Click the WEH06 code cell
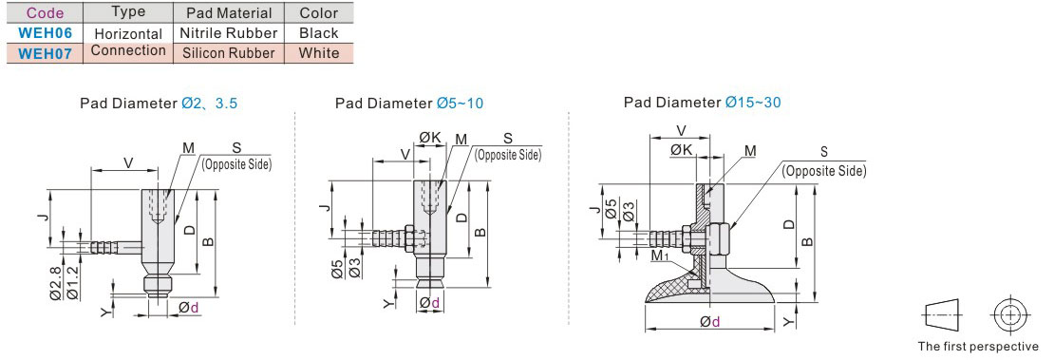pos(45,32)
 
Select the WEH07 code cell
pos(45,53)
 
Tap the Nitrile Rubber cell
pos(229,32)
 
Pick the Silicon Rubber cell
pos(229,53)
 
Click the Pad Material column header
pos(229,12)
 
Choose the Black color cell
pos(319,32)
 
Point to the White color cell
pos(319,53)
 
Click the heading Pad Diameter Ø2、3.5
pos(159,104)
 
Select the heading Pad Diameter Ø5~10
pos(408,103)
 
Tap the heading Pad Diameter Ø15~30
pos(702,103)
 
